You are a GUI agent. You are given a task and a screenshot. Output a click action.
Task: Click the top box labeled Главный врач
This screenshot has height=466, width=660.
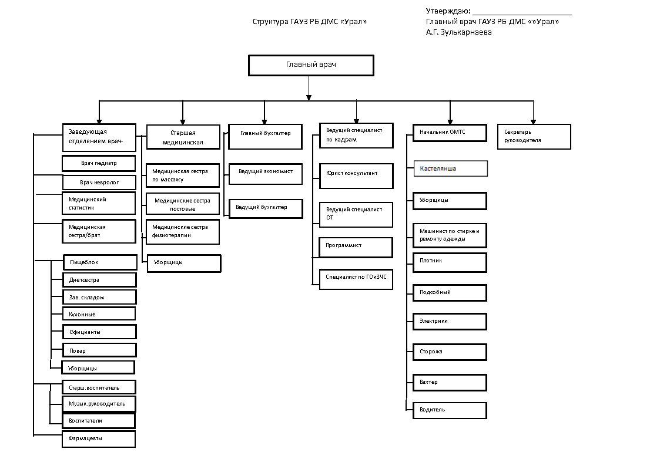tap(311, 65)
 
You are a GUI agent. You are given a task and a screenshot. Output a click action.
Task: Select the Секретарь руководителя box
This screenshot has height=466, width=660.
tap(534, 137)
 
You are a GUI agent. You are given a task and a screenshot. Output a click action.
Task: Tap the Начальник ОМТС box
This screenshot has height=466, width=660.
tap(450, 133)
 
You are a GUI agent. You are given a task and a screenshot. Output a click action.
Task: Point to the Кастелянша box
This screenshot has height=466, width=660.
tap(451, 168)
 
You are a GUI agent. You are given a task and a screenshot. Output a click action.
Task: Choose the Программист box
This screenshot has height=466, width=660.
tap(356, 248)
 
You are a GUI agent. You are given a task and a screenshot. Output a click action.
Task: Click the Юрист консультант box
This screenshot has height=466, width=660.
tap(356, 176)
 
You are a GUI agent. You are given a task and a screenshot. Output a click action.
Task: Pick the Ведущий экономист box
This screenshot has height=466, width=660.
tap(266, 174)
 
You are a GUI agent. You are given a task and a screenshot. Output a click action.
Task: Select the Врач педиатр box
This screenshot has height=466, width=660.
tap(99, 164)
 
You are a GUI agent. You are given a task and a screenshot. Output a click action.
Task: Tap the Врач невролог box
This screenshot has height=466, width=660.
tap(99, 183)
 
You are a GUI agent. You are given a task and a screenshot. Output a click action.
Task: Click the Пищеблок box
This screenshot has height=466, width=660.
tap(100, 262)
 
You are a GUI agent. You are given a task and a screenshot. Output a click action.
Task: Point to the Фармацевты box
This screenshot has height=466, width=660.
tap(99, 439)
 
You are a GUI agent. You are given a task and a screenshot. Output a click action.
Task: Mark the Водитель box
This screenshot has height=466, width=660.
tap(450, 410)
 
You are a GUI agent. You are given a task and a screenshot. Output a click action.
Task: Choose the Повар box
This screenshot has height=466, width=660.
tap(100, 350)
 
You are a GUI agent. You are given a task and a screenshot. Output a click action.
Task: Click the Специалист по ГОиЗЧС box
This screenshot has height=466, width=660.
tap(356, 279)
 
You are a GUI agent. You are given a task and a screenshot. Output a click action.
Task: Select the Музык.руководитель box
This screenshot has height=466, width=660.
tap(99, 404)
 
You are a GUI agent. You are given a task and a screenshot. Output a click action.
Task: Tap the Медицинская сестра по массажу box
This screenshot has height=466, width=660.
tap(183, 175)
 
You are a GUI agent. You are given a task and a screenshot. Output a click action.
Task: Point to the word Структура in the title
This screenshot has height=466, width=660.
tap(270, 22)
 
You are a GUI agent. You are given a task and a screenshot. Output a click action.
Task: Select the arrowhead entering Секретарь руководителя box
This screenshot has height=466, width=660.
tap(533, 122)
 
